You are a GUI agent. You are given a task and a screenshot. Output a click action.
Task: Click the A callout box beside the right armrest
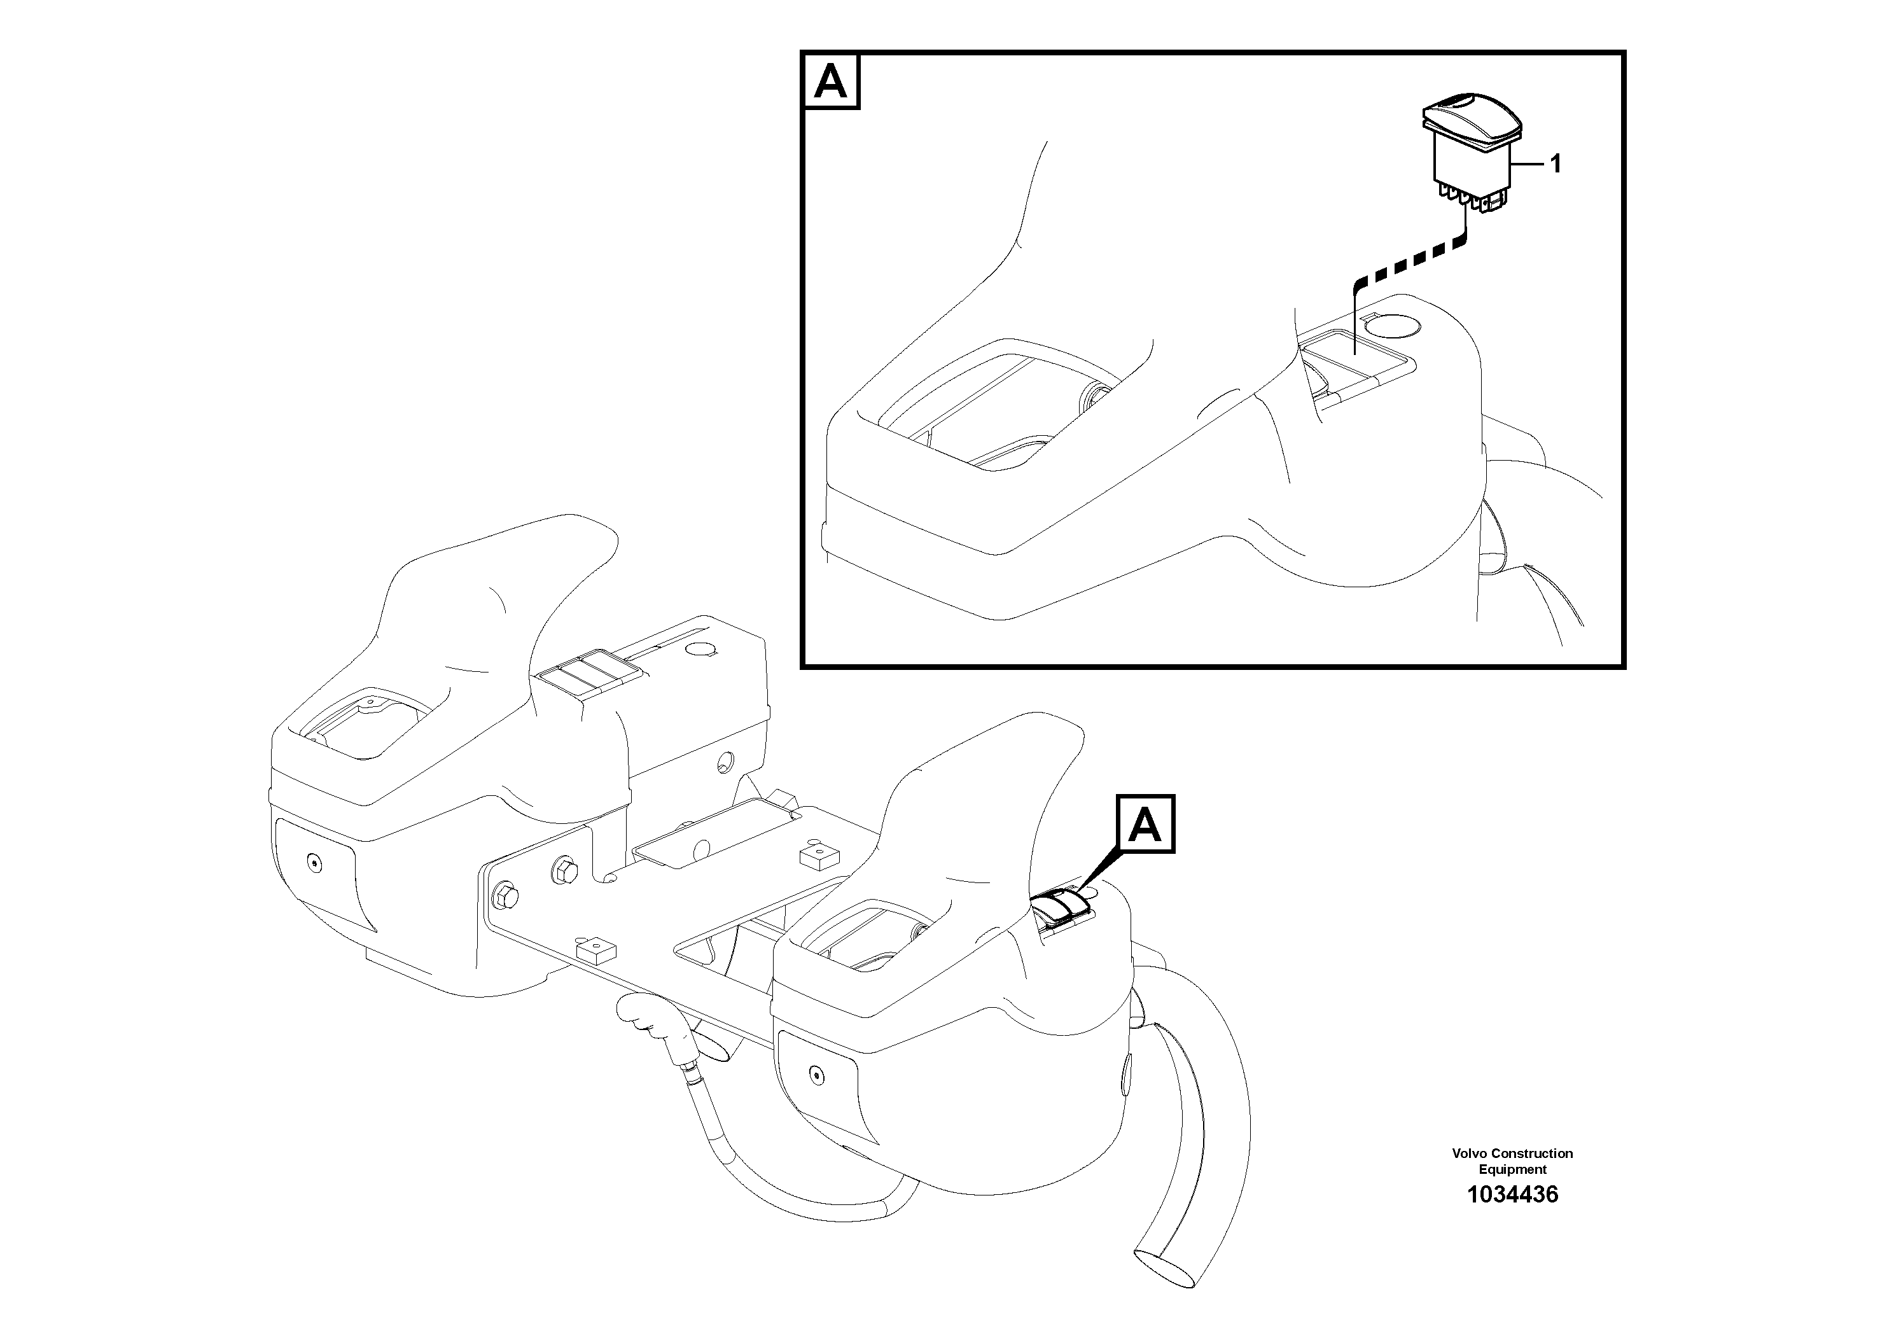pyautogui.click(x=1145, y=823)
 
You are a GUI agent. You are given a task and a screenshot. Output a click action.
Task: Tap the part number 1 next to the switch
pyautogui.click(x=1556, y=164)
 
